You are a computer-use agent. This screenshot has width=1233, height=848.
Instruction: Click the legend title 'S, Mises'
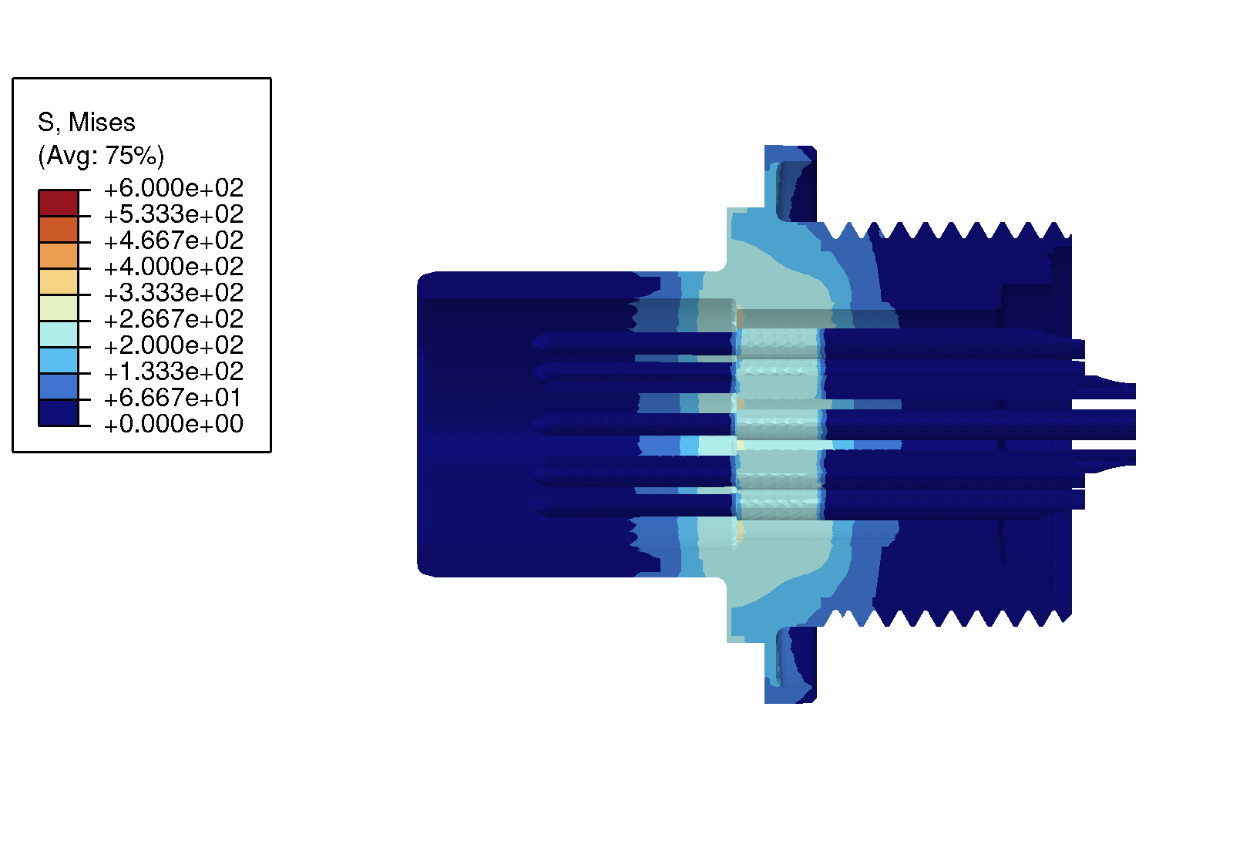pyautogui.click(x=86, y=123)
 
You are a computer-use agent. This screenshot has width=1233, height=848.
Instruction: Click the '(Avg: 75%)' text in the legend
pyautogui.click(x=101, y=155)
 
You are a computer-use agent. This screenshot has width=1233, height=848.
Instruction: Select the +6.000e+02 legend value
pyautogui.click(x=173, y=188)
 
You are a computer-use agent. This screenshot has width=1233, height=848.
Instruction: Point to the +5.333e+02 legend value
pyautogui.click(x=173, y=214)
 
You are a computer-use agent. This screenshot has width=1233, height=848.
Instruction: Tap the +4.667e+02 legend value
pyautogui.click(x=173, y=241)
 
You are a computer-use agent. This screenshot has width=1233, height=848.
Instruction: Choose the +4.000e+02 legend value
pyautogui.click(x=173, y=267)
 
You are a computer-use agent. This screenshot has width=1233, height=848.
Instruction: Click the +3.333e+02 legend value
pyautogui.click(x=173, y=293)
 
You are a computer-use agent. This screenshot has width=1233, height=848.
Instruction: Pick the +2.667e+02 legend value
pyautogui.click(x=173, y=319)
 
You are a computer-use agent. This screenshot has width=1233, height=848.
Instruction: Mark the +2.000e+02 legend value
pyautogui.click(x=173, y=345)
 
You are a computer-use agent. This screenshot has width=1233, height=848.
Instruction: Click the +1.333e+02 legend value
pyautogui.click(x=173, y=372)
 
